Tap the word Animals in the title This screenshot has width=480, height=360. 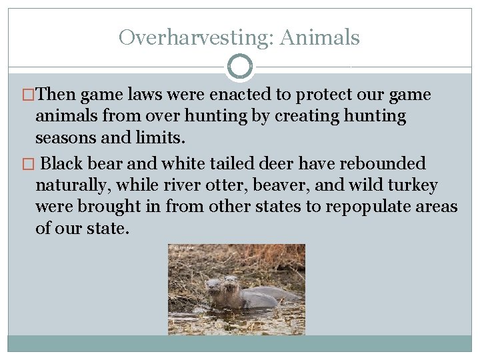[x=320, y=37]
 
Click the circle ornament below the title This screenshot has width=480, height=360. [x=240, y=67]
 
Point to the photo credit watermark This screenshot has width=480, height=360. [x=181, y=248]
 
